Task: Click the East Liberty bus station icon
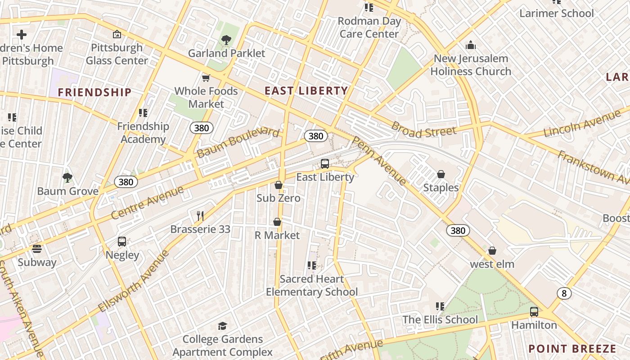[325, 164]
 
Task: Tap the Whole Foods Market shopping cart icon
[206, 78]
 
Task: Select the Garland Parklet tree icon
[226, 40]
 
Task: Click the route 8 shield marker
[564, 293]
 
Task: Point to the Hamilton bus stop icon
[534, 311]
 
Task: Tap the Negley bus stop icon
[122, 242]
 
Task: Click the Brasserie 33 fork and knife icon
[200, 216]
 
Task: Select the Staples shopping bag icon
[441, 174]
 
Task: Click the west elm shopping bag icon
[492, 251]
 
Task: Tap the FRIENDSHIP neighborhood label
[94, 93]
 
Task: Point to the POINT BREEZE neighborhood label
[572, 349]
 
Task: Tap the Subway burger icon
[37, 249]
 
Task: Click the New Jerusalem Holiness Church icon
[471, 45]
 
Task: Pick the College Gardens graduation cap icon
[222, 326]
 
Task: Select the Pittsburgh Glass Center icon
[117, 34]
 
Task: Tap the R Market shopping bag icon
[277, 222]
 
